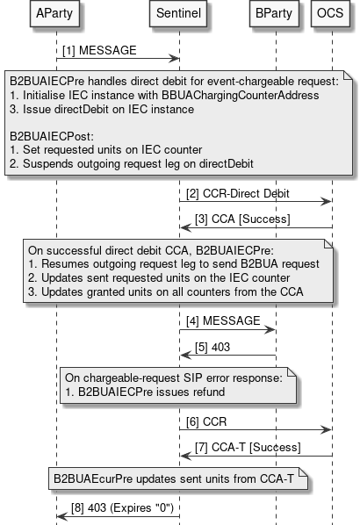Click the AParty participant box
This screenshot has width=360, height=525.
point(54,15)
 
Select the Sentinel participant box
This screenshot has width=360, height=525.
point(179,15)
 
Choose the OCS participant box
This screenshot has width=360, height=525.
point(331,15)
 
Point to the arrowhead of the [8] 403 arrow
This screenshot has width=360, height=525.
point(60,515)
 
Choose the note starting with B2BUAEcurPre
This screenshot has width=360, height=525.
point(176,479)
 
